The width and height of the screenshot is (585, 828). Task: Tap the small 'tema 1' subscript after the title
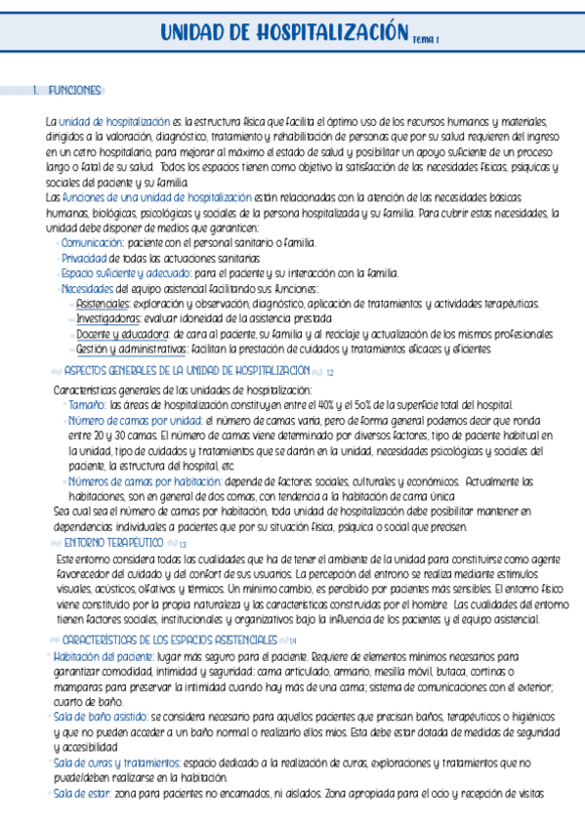(426, 40)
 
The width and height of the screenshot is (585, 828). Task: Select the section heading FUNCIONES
(74, 91)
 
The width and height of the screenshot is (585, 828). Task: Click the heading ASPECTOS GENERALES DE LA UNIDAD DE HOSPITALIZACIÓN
(186, 371)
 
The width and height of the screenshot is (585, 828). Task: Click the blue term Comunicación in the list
(93, 242)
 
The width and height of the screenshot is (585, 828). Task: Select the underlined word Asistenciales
(103, 304)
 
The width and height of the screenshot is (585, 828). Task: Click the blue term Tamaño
(87, 403)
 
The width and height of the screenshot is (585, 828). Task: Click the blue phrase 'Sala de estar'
(81, 794)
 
